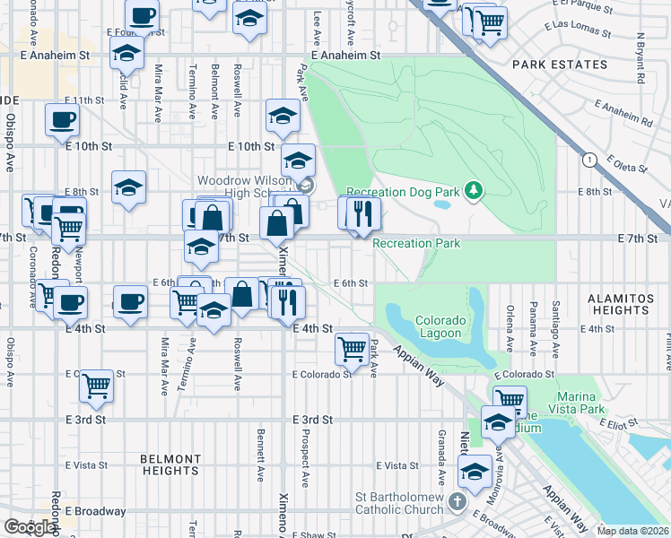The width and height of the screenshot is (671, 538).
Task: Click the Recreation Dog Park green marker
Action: [475, 191]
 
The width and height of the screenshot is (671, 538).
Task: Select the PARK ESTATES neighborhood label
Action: [559, 65]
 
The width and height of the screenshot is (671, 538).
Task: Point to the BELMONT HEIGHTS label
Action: [170, 464]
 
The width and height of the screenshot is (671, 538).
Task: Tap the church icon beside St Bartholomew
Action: [457, 499]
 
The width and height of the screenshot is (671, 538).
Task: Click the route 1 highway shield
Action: [588, 160]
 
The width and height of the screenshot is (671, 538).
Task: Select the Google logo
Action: [30, 527]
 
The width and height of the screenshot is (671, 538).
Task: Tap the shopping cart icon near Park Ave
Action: [353, 348]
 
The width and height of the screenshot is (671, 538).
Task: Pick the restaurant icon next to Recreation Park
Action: [363, 213]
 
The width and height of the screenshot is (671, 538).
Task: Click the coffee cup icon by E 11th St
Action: [62, 118]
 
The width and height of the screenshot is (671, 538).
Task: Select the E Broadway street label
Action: [96, 511]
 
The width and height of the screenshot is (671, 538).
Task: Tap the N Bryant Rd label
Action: [640, 59]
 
